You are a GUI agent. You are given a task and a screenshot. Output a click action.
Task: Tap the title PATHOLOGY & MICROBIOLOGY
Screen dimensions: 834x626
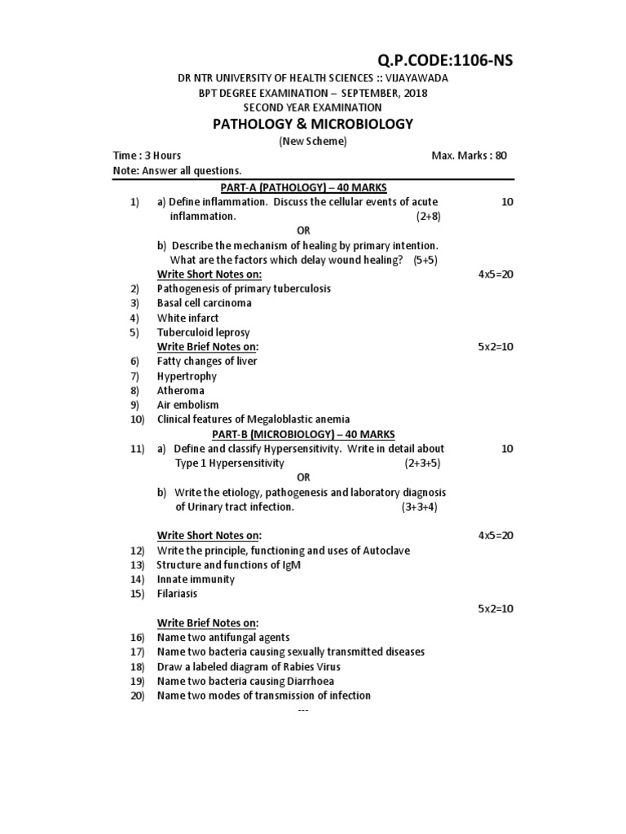click(x=313, y=124)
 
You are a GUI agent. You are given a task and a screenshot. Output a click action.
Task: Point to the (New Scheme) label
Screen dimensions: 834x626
click(x=313, y=141)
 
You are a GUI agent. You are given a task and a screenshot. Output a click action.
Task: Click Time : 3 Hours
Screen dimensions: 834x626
click(x=147, y=156)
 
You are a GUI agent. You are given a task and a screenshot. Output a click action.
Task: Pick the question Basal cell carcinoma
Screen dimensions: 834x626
click(x=204, y=303)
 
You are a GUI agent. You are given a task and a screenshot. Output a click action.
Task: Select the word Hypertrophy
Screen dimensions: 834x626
click(x=187, y=376)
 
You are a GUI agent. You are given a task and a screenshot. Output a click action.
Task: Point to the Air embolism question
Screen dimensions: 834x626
click(x=188, y=405)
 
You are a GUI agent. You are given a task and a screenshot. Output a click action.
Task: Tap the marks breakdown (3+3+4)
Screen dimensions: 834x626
click(x=419, y=507)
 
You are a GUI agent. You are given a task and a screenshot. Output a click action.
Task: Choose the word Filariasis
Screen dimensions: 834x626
click(x=177, y=594)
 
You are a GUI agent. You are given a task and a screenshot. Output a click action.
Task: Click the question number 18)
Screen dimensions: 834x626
click(x=136, y=666)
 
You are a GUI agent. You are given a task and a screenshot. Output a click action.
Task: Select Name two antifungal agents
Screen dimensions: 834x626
click(x=223, y=638)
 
